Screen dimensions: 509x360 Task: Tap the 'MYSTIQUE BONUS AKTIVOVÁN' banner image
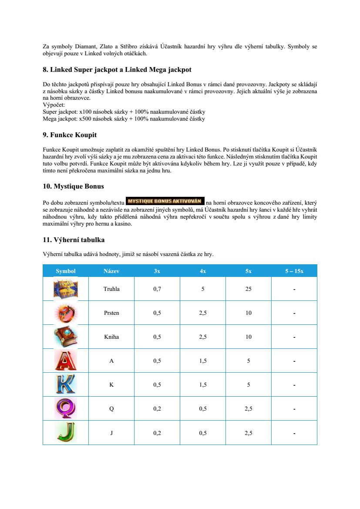[x=165, y=201]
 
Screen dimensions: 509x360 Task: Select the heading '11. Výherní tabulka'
[x=74, y=240]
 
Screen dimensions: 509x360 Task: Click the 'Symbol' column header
[x=66, y=271]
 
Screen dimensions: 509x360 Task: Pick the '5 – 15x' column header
[x=294, y=271]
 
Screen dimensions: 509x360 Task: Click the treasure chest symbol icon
[x=66, y=289]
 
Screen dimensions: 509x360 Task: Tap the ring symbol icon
[x=66, y=313]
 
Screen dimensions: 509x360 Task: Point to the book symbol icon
[x=66, y=337]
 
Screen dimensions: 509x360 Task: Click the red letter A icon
[x=66, y=361]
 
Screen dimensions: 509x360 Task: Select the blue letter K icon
[x=66, y=384]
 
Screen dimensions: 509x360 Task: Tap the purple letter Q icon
[x=66, y=408]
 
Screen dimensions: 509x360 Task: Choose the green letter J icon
[x=66, y=432]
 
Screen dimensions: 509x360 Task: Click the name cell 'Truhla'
[x=111, y=289]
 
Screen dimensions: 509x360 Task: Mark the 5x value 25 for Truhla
[x=248, y=289]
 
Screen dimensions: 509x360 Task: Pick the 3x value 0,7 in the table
[x=157, y=289]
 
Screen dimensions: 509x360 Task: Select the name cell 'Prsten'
[x=111, y=313]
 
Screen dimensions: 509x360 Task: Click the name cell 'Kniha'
[x=111, y=337]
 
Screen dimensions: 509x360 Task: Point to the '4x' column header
[x=203, y=271]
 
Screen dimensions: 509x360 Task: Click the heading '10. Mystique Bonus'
[x=74, y=186]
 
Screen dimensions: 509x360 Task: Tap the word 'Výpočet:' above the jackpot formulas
[x=54, y=105]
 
